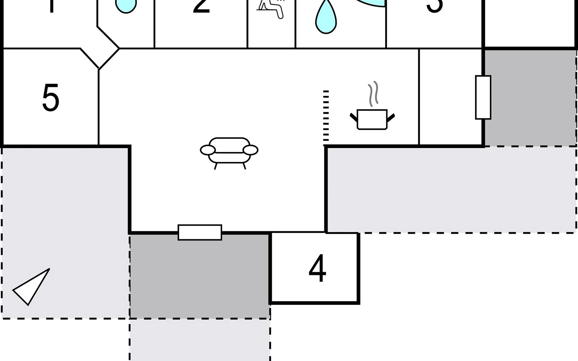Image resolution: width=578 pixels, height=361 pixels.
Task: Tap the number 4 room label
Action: (317, 268)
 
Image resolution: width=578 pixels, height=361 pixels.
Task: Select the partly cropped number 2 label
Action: (201, 6)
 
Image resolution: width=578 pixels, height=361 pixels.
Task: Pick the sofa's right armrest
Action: (250, 150)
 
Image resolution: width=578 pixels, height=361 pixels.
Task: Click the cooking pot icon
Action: (372, 119)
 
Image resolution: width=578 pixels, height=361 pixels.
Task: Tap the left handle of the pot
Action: (353, 117)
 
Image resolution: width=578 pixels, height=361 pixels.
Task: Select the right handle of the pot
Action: (391, 117)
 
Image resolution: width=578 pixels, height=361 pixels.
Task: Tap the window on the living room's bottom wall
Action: (200, 232)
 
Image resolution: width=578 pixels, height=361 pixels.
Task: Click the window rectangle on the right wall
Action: (483, 97)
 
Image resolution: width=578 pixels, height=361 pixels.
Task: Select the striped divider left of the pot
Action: (326, 116)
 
